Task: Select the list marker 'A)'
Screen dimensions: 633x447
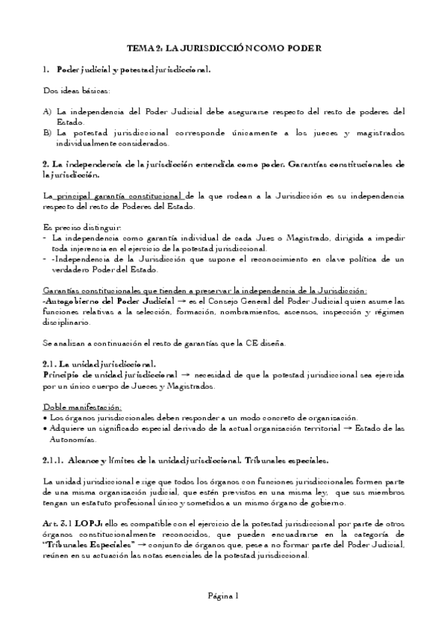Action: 47,111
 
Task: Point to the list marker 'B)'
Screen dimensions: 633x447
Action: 47,133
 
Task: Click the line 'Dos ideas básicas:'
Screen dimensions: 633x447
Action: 76,90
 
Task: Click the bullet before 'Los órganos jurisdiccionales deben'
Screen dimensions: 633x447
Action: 47,418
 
